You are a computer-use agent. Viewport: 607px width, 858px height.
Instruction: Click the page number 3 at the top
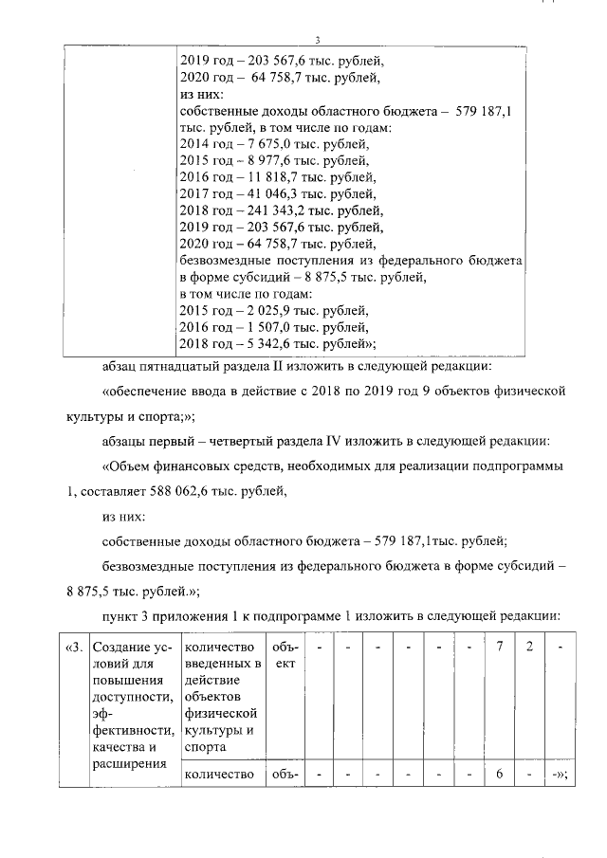click(318, 39)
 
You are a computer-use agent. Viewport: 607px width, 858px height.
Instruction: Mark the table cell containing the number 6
click(499, 774)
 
